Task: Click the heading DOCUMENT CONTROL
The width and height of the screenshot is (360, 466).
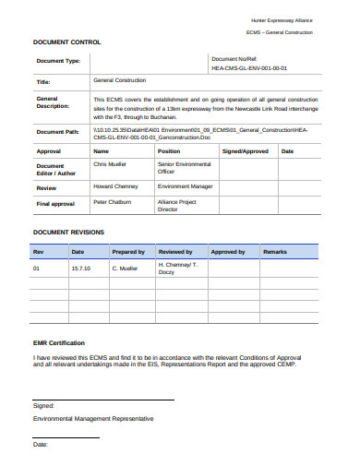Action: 67,42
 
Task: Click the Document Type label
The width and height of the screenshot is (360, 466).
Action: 57,62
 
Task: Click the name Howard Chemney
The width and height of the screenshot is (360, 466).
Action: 117,185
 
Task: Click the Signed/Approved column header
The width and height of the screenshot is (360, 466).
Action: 246,150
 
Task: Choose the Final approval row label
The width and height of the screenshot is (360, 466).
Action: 55,203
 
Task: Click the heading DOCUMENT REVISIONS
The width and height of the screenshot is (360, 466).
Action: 68,232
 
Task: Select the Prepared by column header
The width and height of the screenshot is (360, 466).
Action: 127,251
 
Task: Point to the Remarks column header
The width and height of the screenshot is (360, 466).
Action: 275,251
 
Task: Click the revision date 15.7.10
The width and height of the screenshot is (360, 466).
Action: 80,269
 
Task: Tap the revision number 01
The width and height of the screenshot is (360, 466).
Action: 37,269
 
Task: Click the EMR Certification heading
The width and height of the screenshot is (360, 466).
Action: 59,342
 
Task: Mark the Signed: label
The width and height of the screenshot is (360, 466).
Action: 43,405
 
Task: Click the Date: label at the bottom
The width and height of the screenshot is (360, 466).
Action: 41,445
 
